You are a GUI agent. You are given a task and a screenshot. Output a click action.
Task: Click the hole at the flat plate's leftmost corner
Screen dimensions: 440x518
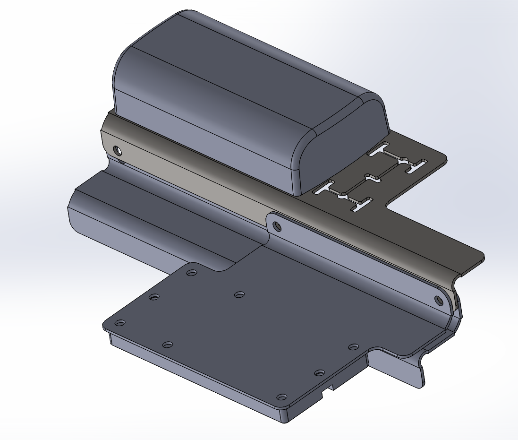point(120,323)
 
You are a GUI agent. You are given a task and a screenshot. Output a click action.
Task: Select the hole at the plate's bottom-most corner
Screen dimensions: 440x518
point(281,397)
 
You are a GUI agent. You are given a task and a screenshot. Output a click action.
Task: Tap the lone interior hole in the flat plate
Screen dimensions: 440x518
point(239,294)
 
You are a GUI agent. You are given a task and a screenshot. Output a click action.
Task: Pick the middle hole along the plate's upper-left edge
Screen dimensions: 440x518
point(154,297)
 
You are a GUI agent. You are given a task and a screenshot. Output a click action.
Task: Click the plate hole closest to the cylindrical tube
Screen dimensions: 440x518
point(191,273)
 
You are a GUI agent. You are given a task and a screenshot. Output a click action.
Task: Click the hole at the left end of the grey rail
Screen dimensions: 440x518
point(117,151)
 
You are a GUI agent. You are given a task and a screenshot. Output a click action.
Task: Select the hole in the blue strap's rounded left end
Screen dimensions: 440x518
point(277,226)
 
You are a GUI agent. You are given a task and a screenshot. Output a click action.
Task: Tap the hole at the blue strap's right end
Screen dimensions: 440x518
point(438,300)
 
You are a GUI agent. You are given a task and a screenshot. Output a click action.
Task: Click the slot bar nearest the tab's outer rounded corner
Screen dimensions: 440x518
point(416,164)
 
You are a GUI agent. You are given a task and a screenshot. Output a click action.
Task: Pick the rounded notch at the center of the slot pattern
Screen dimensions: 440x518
point(374,179)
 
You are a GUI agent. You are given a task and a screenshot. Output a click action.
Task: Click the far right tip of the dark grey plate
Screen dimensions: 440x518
point(483,258)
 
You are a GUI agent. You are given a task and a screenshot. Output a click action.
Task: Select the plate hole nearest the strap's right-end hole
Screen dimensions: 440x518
point(354,347)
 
